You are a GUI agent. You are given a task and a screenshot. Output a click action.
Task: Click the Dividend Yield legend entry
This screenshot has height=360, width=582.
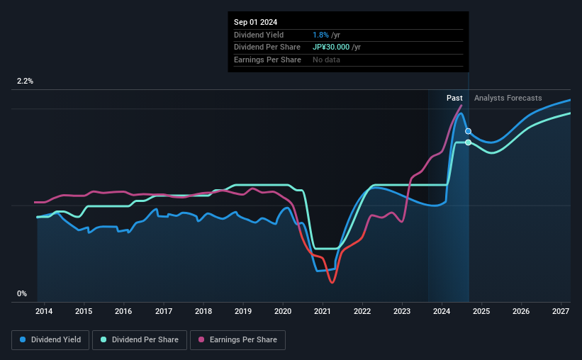pos(50,340)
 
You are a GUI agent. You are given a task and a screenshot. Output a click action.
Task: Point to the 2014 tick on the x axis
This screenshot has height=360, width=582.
pos(44,311)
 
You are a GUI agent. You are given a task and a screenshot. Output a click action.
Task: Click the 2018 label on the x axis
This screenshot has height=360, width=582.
pos(203,311)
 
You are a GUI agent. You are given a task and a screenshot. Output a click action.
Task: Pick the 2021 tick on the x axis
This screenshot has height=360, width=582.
pos(323,311)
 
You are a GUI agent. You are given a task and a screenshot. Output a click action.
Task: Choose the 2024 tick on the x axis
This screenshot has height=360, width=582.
pos(442,311)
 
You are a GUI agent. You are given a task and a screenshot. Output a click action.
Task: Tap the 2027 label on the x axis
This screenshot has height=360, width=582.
pos(561,311)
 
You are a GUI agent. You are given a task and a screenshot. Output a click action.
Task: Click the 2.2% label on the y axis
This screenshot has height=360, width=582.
pos(26,81)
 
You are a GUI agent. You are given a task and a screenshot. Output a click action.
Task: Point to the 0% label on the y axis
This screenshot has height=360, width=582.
pos(22,294)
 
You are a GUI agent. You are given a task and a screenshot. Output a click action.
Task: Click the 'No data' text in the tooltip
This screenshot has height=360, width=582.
pos(326,60)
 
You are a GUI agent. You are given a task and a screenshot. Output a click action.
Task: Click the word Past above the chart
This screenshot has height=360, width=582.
pos(454,98)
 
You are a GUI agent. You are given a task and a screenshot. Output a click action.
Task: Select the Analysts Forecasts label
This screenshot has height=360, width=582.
pos(508,98)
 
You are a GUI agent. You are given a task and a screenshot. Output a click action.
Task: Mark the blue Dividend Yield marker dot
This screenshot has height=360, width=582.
pos(468,131)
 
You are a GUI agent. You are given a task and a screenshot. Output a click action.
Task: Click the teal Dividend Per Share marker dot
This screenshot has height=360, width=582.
pos(468,142)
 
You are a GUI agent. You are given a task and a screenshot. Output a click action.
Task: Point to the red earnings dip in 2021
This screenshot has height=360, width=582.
pos(332,282)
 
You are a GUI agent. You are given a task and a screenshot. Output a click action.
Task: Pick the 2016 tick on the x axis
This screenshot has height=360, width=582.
pos(123,311)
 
